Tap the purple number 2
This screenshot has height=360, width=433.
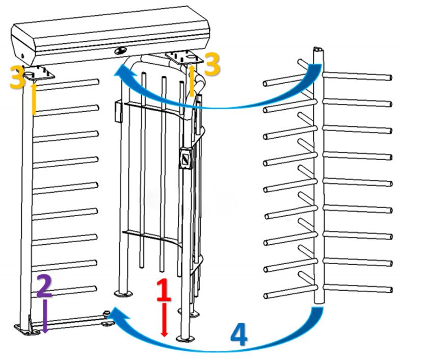[44, 287]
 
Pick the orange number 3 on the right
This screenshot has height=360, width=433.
[211, 65]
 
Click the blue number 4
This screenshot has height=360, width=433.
[239, 335]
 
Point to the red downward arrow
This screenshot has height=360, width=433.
[164, 319]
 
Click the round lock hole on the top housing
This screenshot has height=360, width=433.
[121, 50]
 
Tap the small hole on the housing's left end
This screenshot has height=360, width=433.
[22, 55]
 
